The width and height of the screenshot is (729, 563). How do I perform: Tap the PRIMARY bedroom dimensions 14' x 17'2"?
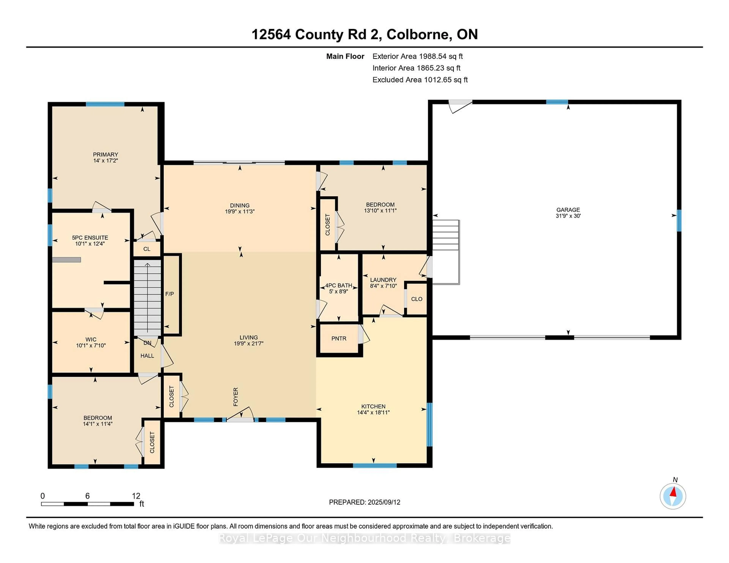click(x=106, y=161)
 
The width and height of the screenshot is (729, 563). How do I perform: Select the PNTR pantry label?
click(x=339, y=339)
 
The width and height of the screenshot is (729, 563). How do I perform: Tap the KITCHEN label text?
click(x=373, y=406)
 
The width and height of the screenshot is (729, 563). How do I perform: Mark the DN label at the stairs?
click(x=147, y=343)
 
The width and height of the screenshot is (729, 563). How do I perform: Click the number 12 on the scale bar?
click(x=136, y=496)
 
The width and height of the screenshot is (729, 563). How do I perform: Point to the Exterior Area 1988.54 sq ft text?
click(x=417, y=56)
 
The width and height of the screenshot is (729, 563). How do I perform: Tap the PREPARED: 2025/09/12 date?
click(x=364, y=502)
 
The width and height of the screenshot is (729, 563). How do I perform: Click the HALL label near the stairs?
click(x=147, y=356)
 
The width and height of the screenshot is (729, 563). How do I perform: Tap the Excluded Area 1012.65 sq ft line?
click(x=420, y=80)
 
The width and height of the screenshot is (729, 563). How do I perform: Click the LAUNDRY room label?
click(x=383, y=280)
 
